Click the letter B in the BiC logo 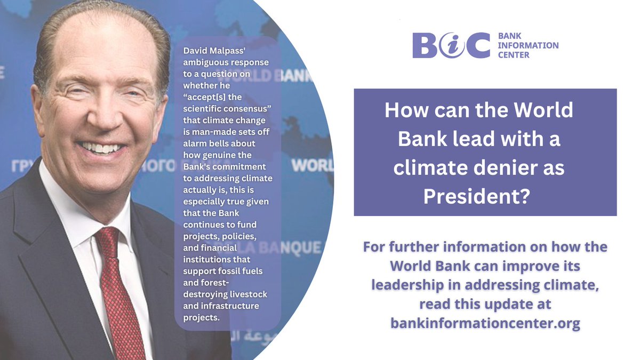point(427,45)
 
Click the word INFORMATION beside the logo point(527,45)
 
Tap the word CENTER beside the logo point(513,54)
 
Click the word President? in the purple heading point(476,197)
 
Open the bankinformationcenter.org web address point(485,323)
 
